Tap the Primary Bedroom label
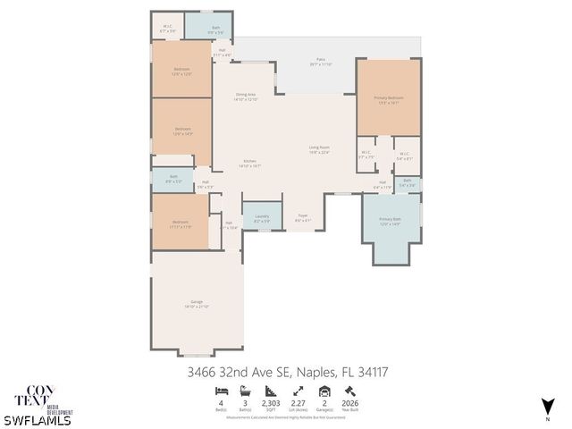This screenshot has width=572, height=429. click(388, 100)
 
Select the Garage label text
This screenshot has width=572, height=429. click(196, 305)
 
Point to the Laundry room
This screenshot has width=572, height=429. click(262, 217)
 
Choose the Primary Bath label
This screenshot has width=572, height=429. click(390, 220)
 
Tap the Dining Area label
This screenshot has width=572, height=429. click(246, 97)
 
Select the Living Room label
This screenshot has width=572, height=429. click(319, 149)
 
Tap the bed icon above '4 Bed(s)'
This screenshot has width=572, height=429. click(221, 391)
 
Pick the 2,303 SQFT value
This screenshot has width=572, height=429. click(271, 404)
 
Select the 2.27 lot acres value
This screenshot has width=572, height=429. click(298, 404)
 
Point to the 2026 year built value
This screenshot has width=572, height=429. click(349, 404)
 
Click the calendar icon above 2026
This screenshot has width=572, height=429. click(349, 391)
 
